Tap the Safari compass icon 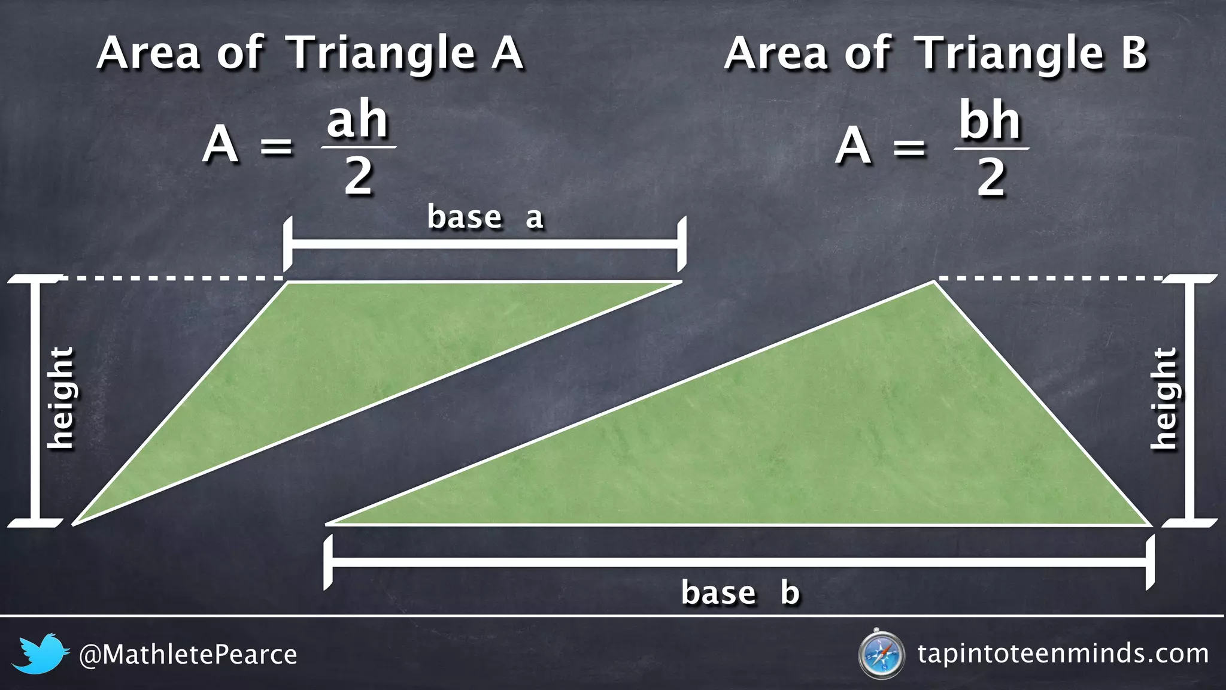coord(881,654)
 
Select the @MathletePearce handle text coord(188,655)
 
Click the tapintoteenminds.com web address coord(1063,653)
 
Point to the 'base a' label coord(485,217)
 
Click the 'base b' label coord(741,592)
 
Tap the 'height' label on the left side coord(60,398)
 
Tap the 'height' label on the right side coord(1164,398)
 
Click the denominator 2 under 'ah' coord(358,177)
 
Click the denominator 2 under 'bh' coord(991,178)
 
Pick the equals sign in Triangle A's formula coord(277,146)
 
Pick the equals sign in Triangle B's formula coord(909,147)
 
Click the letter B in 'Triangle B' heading coord(1134,53)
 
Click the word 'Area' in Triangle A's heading coord(148,53)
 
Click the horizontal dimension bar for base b coord(739,562)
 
